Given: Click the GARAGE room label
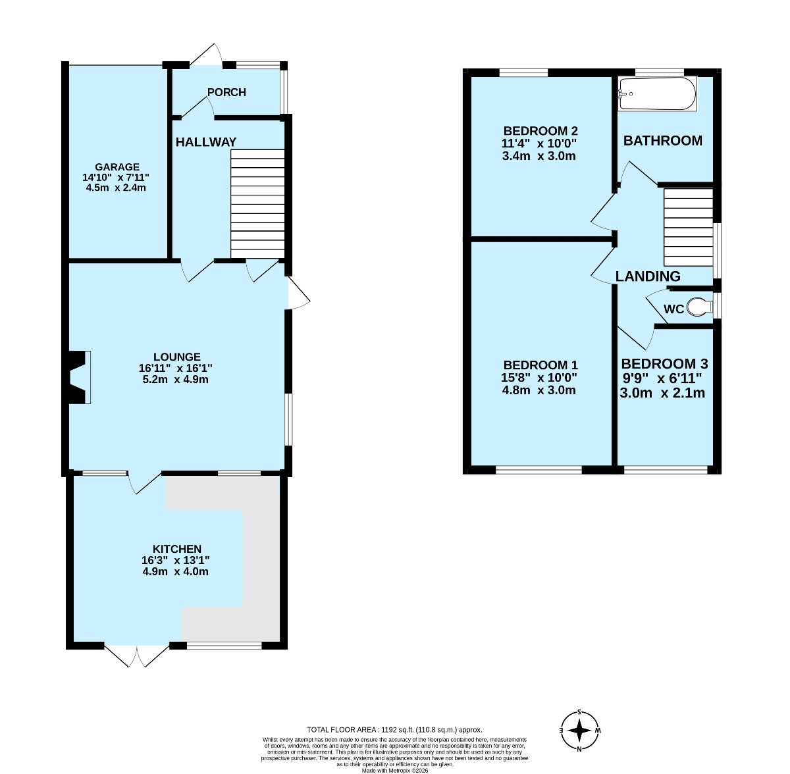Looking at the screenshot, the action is coord(117,167).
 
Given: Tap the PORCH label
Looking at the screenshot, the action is coord(226,92).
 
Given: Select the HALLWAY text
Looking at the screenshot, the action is coord(206,142).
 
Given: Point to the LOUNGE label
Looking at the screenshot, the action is coord(177,357).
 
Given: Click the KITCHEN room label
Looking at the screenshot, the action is coord(177,548).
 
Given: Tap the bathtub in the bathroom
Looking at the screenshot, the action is coord(657,93).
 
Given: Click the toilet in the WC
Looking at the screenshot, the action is coord(699,307).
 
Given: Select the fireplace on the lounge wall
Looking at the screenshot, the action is coord(80,377).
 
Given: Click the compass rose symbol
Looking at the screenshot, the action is coord(579,730).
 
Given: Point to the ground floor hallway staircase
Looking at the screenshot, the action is coord(257,204).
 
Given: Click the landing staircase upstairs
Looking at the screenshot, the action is coord(689,227).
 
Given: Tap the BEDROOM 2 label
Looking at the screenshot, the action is coord(540,131).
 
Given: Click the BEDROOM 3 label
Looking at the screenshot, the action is coord(664,363).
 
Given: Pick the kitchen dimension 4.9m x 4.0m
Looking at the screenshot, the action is coord(176,571).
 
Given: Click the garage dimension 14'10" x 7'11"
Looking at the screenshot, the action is coord(116,178).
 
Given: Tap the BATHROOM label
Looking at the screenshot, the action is coord(663,141).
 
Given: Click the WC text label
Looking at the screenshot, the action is coord(674,309).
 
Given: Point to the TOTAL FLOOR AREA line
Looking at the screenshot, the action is coord(394,730).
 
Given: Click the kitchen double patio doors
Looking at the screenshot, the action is coord(136,656).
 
